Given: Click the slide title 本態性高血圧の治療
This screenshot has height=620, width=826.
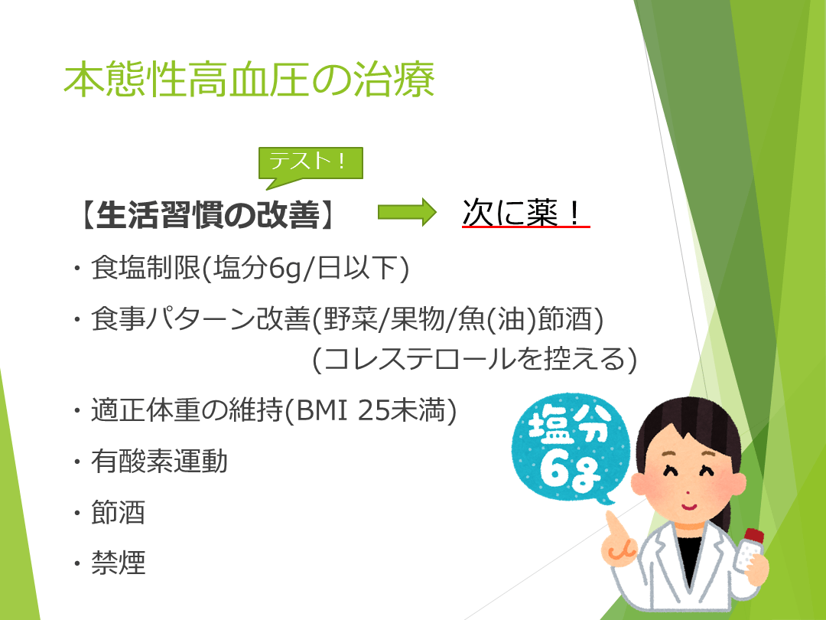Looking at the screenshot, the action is click(249, 80).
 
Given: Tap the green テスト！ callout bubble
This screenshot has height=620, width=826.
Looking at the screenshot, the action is click(311, 163).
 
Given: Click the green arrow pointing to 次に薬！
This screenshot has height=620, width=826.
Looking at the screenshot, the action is click(407, 212).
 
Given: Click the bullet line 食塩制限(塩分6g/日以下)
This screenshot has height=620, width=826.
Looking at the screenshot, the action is click(249, 268).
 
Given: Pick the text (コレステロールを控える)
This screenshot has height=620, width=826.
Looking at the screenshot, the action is click(475, 360).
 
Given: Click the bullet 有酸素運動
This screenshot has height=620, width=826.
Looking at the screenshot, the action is click(159, 462).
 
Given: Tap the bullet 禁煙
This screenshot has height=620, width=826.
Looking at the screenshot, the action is click(118, 563).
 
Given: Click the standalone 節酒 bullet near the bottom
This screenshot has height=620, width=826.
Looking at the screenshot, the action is click(118, 512).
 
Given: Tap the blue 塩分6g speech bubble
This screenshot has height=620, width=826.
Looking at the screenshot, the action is click(570, 448).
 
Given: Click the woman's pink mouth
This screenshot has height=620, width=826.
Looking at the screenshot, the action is click(689, 507).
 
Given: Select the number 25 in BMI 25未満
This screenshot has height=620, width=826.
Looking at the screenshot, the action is click(373, 410).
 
